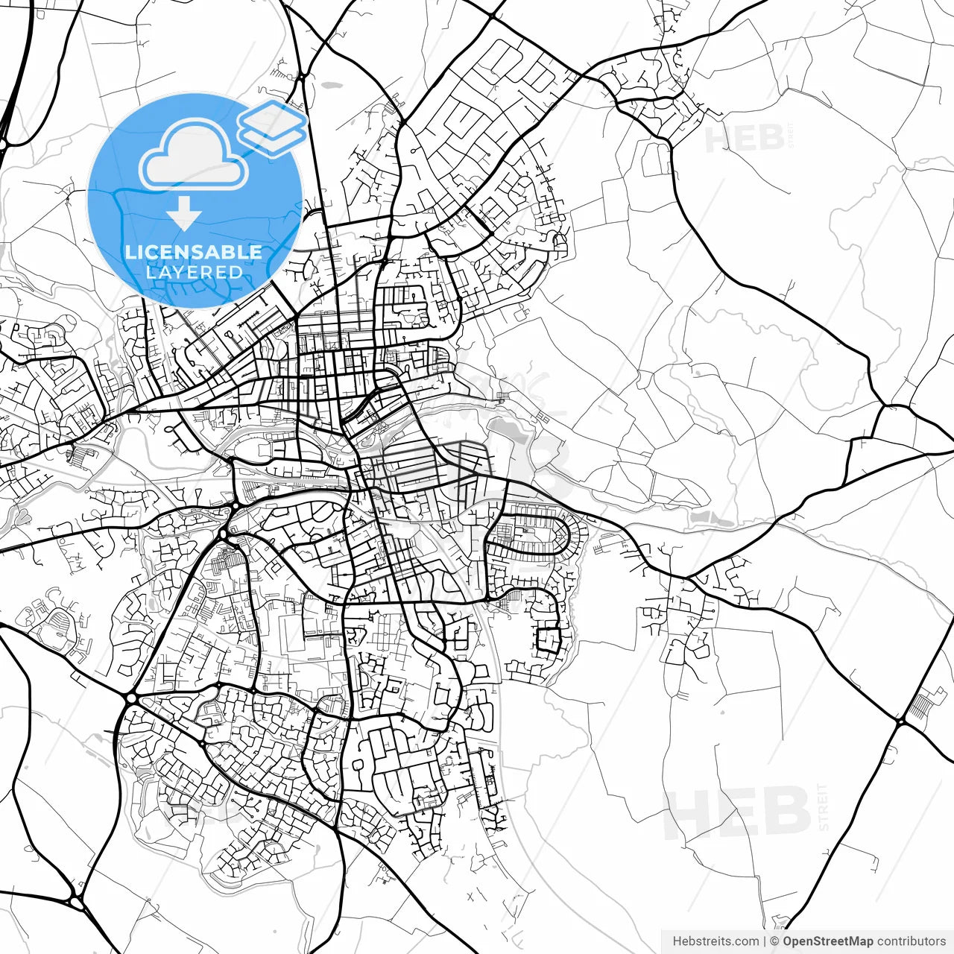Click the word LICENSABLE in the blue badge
(x=194, y=252)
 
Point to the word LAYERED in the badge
(x=194, y=272)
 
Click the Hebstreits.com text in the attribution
(x=716, y=941)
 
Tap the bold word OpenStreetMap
(x=828, y=941)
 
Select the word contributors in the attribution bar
(x=911, y=941)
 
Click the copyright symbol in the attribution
(x=775, y=941)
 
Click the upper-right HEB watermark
(x=744, y=139)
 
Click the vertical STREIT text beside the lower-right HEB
(x=823, y=806)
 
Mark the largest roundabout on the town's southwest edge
(x=131, y=698)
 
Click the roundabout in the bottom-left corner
(x=77, y=901)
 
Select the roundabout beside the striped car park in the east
(x=900, y=721)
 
